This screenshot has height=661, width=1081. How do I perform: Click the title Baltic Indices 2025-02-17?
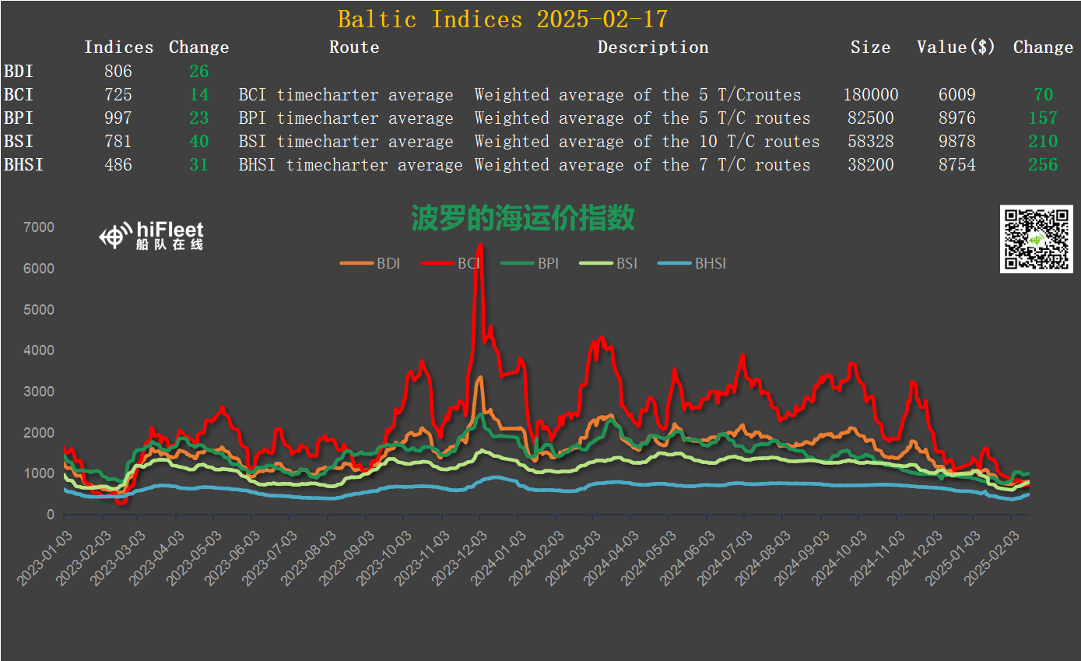click(x=503, y=19)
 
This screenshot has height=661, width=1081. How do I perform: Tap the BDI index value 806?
click(x=118, y=72)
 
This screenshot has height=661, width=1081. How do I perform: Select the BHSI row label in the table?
click(x=23, y=165)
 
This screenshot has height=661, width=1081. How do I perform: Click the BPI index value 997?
click(x=118, y=118)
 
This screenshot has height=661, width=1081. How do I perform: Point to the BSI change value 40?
click(x=198, y=142)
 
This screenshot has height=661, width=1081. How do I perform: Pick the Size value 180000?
click(x=870, y=95)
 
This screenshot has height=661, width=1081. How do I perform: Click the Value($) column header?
click(x=956, y=47)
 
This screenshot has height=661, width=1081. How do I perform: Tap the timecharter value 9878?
click(x=956, y=142)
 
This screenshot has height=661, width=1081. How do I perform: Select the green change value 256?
click(x=1043, y=165)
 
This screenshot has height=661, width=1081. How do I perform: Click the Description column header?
click(x=653, y=47)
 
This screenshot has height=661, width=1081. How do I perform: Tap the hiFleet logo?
click(x=153, y=234)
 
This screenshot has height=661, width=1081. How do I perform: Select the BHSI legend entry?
click(x=692, y=263)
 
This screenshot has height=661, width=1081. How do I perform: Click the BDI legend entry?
click(x=370, y=263)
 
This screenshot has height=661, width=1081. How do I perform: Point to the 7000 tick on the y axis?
click(x=40, y=227)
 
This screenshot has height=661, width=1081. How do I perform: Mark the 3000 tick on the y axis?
click(x=40, y=392)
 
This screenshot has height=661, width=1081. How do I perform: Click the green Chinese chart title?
click(x=523, y=219)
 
